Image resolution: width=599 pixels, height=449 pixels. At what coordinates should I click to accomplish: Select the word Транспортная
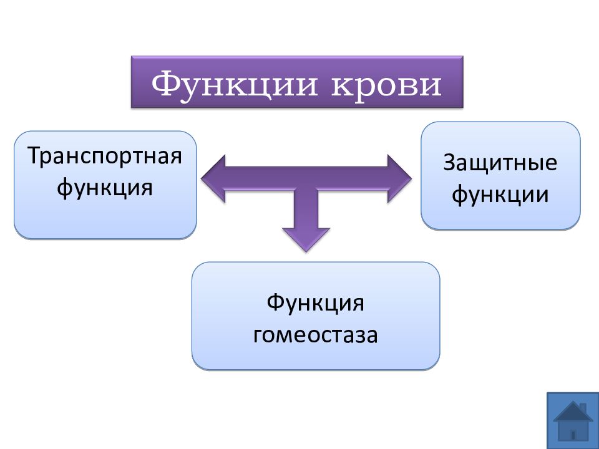(105, 157)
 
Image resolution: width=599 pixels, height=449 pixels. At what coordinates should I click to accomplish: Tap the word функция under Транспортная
(105, 188)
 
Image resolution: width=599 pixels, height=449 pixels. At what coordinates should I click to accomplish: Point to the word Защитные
(500, 162)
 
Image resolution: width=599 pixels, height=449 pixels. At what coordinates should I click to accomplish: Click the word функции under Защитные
(500, 194)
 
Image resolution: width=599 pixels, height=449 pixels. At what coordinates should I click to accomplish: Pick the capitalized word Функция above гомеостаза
(315, 303)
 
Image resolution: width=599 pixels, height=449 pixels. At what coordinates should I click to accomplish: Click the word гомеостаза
(316, 335)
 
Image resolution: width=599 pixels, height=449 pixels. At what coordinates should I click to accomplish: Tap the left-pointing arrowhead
(213, 178)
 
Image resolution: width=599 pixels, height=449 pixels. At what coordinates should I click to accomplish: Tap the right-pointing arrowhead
(399, 178)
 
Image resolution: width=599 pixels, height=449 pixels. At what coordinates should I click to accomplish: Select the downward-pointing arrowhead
(306, 239)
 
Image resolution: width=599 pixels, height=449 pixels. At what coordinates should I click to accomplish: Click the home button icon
(573, 420)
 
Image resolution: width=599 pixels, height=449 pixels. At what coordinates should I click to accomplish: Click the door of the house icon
(572, 434)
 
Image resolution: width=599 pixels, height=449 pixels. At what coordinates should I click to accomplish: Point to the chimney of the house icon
(583, 408)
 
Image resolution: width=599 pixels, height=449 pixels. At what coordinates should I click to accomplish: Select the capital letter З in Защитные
(449, 162)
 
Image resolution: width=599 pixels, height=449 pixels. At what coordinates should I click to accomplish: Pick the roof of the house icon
(573, 412)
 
